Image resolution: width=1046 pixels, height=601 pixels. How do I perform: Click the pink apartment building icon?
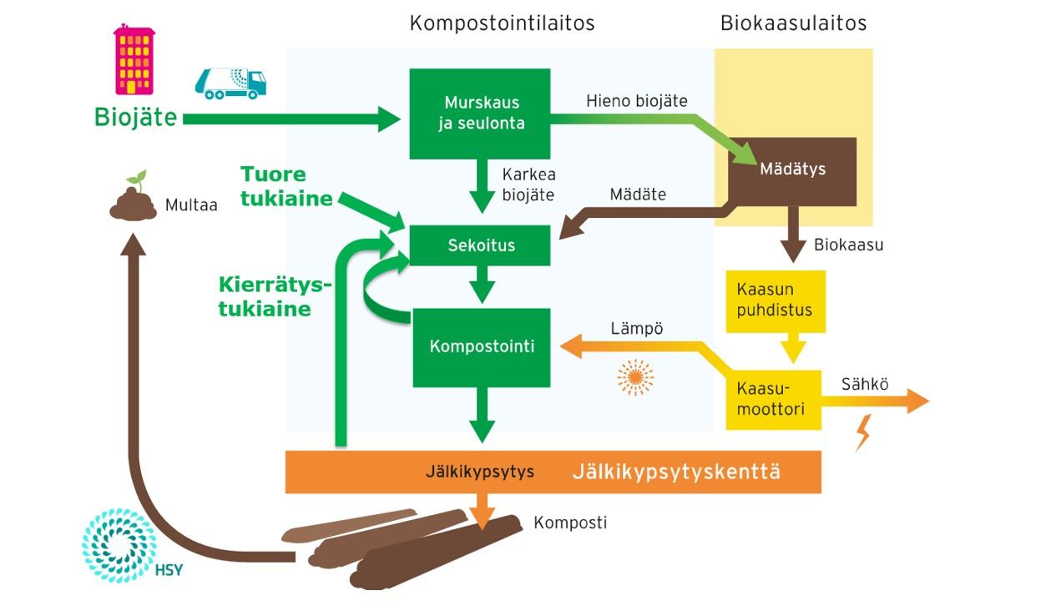click(x=134, y=59)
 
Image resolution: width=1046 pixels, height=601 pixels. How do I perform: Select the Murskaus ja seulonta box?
click(x=480, y=114)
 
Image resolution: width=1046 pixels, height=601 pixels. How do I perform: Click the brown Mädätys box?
click(x=792, y=170)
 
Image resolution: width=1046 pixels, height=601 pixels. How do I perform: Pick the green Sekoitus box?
click(x=481, y=245)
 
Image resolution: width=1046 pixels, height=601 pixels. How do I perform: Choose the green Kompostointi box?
click(x=482, y=346)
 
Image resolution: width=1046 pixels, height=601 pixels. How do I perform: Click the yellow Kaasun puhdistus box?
click(x=775, y=300)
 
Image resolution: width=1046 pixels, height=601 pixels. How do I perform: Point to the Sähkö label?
click(x=865, y=385)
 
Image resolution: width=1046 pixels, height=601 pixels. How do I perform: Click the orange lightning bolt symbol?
click(x=863, y=432)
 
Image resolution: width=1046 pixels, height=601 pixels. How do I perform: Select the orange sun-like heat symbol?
click(x=635, y=378)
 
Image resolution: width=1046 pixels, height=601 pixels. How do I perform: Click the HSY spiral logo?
click(x=119, y=543)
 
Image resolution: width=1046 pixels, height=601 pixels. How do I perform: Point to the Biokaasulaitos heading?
click(x=793, y=23)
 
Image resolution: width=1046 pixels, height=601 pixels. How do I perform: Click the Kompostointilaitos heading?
click(x=502, y=23)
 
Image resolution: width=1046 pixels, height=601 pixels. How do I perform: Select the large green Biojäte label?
click(x=135, y=118)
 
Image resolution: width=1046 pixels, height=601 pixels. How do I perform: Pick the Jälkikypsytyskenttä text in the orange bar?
click(x=676, y=472)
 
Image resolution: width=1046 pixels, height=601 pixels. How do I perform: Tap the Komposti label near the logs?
click(x=570, y=523)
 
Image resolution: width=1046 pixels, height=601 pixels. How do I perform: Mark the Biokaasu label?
click(x=848, y=245)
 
